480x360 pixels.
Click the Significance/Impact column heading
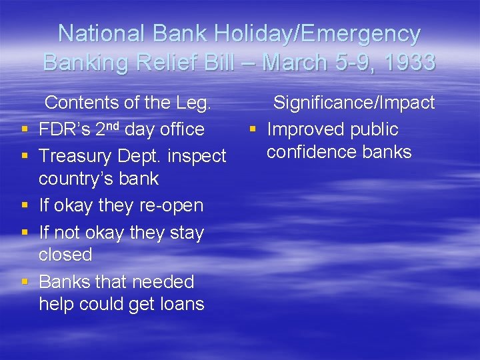[x=354, y=103]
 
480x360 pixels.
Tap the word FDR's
[x=65, y=129]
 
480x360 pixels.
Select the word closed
[x=65, y=255]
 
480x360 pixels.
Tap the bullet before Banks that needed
[x=25, y=282]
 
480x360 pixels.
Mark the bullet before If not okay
[x=25, y=233]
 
